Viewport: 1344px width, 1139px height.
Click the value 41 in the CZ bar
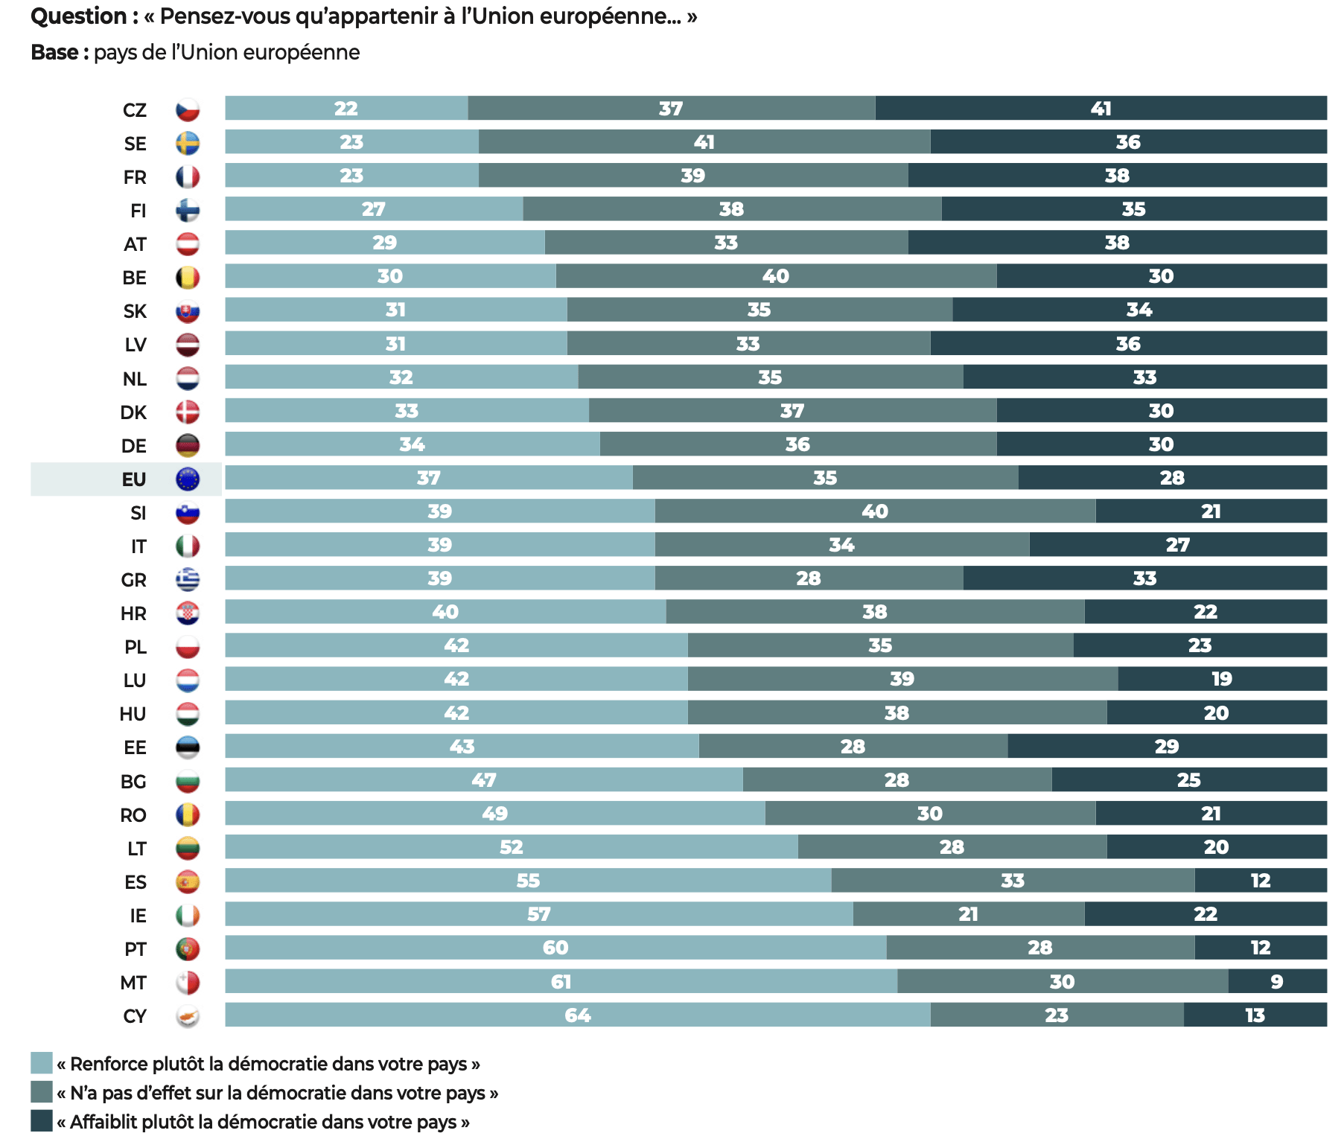tap(1101, 109)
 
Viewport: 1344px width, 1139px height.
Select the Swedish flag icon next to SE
tap(188, 143)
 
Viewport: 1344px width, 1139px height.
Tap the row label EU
tap(134, 479)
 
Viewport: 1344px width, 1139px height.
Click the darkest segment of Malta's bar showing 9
tap(1276, 982)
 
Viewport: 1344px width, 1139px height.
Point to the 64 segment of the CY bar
tap(578, 1015)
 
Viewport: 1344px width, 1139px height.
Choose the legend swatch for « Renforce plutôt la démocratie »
tap(42, 1063)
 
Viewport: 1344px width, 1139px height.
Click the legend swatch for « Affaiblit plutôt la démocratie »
tap(42, 1121)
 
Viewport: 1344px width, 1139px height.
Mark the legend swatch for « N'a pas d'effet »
tap(42, 1092)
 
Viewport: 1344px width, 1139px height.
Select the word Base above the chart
tap(54, 53)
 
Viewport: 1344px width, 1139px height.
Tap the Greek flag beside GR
tap(188, 579)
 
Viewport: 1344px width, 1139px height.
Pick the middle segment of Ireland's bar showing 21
tap(968, 914)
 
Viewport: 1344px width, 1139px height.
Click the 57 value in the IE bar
tap(538, 914)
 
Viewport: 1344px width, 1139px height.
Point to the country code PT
tap(136, 949)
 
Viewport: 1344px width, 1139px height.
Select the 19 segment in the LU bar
tap(1221, 679)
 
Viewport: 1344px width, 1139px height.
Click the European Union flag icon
tap(188, 479)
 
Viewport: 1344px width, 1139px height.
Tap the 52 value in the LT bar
tap(511, 847)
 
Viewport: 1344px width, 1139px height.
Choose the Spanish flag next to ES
tap(188, 882)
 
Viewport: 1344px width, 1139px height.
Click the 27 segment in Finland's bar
tap(374, 209)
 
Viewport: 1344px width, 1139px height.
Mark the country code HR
tap(134, 613)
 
